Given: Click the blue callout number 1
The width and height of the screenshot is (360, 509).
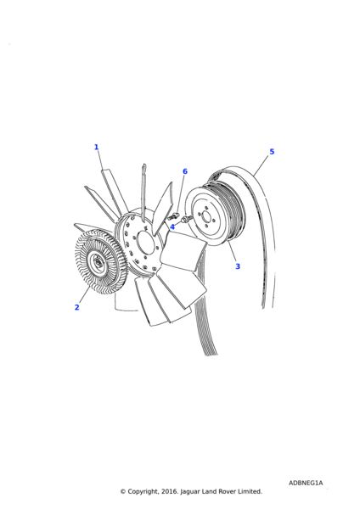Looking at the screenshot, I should pos(96,148).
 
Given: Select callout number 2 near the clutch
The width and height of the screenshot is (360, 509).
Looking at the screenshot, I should pos(76,307).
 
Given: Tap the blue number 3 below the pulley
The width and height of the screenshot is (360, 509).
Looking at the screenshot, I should pos(238,266).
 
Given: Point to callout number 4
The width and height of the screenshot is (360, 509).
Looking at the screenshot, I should pos(172,227).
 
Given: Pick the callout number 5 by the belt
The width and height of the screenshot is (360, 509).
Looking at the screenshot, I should pos(272,152).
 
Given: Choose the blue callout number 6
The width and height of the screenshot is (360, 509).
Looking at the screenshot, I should pos(184,171).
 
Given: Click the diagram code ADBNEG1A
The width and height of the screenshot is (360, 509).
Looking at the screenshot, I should pos(306,483).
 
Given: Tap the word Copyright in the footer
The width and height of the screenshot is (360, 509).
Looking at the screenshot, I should pos(148,491).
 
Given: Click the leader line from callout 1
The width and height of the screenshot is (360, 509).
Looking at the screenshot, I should pos(102,163).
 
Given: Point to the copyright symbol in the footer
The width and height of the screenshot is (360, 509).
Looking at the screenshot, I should pos(122,491).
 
